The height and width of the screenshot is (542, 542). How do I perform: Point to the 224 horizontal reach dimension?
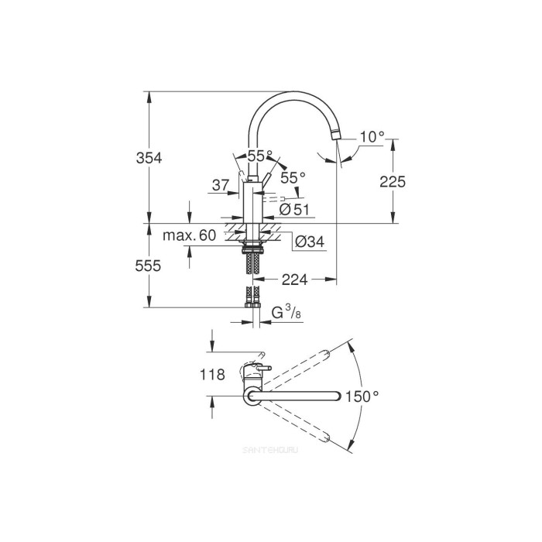point(294,280)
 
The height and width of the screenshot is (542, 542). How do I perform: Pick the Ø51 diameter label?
point(294,208)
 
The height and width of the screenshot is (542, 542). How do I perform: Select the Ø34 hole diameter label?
point(310,242)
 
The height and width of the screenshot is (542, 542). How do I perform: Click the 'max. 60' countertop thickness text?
point(190,235)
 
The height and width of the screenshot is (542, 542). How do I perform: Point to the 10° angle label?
point(372,137)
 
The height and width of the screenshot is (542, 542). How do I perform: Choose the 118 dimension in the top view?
point(212,375)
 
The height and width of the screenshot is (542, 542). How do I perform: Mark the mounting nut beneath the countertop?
point(252,245)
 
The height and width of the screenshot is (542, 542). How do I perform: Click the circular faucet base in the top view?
point(252,396)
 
